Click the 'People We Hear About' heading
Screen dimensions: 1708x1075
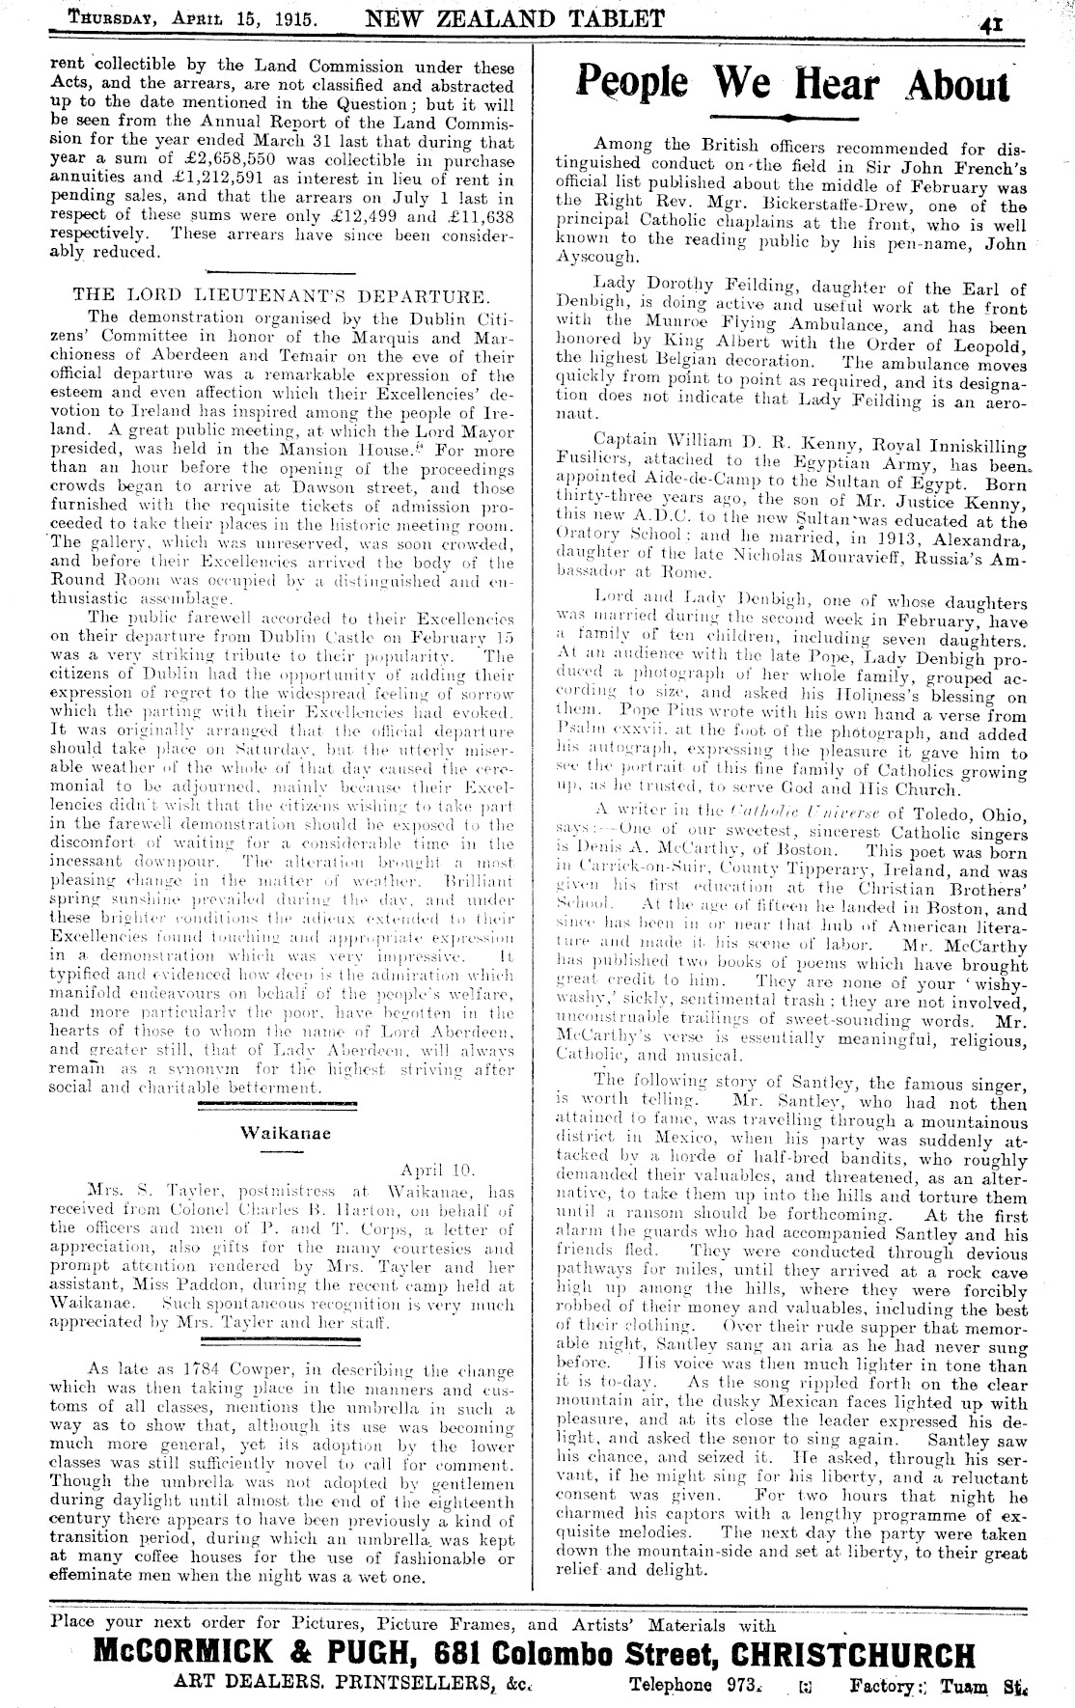pos(792,84)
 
